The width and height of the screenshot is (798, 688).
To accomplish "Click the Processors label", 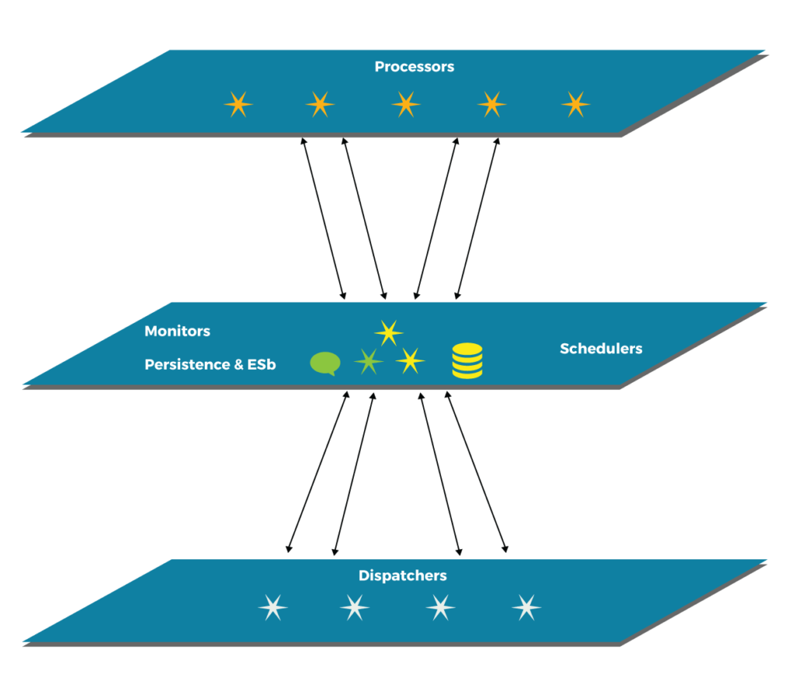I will pos(414,66).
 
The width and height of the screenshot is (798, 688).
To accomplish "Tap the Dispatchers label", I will pos(402,576).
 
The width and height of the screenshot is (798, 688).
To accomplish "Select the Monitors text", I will pos(177,331).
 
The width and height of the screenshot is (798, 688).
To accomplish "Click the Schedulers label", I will pos(601,349).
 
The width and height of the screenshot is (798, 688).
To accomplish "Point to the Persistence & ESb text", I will pos(210,364).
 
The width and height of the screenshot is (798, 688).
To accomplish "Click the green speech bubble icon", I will pos(325,364).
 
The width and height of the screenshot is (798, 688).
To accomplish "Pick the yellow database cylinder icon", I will pos(467,361).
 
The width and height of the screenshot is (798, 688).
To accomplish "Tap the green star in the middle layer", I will pos(369,361).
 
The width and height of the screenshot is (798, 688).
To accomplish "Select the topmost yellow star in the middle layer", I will pos(388,332).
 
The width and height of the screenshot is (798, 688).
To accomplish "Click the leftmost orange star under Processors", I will pos(238,104).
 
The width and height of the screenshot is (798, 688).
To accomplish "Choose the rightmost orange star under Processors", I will pos(575,104).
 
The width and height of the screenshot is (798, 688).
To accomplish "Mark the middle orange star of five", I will pos(405,104).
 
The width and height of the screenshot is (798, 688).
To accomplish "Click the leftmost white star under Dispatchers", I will pos(272,607).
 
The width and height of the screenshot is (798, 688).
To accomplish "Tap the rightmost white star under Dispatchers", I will pos(527,607).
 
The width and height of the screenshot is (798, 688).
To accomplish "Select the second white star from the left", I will pos(355,607).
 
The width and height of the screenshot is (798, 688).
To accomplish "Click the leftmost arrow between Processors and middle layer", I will pos(323,218).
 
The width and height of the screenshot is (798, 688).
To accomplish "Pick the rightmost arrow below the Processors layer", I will pos(476,218).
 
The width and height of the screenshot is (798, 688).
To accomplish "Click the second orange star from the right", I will pos(491,104).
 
